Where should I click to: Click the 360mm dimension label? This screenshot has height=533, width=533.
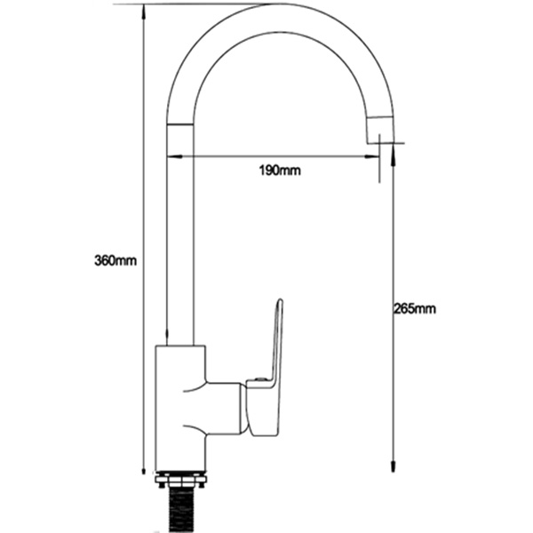tap(116, 260)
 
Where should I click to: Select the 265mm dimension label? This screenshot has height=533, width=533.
tap(414, 309)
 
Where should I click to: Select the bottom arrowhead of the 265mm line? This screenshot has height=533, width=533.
tap(392, 467)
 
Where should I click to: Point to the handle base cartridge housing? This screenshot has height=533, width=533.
tap(263, 409)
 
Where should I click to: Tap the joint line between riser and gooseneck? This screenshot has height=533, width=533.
tap(180, 125)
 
